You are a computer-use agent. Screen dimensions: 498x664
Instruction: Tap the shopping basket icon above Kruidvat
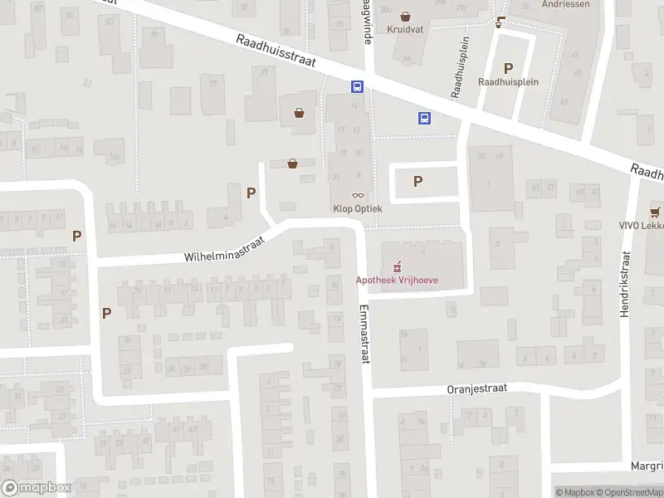(x=405, y=16)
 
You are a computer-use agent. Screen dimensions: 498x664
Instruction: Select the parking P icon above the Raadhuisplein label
(x=508, y=68)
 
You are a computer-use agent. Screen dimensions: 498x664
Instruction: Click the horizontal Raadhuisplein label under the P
(x=508, y=82)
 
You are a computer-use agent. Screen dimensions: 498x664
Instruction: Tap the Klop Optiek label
(x=358, y=209)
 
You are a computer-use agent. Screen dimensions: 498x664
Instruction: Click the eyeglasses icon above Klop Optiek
(x=358, y=195)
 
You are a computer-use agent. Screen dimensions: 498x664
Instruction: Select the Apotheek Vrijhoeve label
(x=397, y=280)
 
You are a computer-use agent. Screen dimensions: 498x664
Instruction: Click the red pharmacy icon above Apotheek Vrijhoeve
(x=397, y=266)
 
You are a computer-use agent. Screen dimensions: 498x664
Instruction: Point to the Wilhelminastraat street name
(x=224, y=247)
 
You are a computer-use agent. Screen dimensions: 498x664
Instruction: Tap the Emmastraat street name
(x=364, y=332)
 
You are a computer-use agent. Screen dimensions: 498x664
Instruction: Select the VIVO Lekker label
(x=646, y=226)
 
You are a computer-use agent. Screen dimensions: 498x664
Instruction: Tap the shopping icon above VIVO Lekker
(x=656, y=211)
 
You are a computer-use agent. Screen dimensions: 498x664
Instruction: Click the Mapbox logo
(x=37, y=488)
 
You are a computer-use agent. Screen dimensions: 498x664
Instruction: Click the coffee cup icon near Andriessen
(x=500, y=22)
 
